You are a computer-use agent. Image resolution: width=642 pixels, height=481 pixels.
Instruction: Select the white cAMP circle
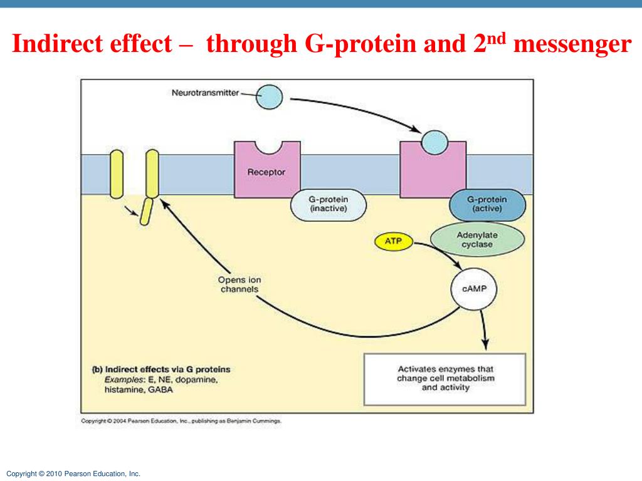pos(473,289)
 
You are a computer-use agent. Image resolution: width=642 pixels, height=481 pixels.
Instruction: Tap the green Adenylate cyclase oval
pos(477,239)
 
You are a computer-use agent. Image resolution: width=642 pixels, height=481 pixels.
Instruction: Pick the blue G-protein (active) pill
pos(487,204)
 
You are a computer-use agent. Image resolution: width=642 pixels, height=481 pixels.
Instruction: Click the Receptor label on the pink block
pos(266,172)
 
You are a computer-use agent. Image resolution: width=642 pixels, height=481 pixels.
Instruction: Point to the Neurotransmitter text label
pos(205,93)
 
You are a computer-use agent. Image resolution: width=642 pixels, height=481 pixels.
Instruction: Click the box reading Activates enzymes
pos(445,378)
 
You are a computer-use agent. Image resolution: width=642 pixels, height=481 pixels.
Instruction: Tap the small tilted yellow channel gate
pos(145,211)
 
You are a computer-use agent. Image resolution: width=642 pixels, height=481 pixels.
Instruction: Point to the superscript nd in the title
pos(498,38)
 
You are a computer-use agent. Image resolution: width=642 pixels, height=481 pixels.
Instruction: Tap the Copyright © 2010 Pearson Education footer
pos(73,474)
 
